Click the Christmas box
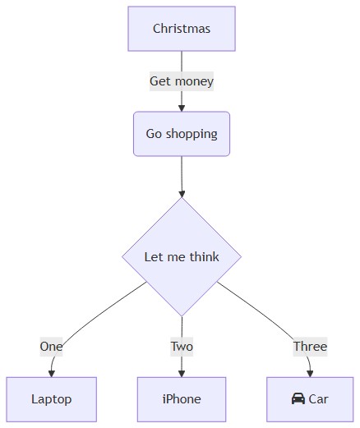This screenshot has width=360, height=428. pos(182,29)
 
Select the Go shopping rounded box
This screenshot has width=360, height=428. pos(182,134)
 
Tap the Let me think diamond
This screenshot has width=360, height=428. pos(182,257)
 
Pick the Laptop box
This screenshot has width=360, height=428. pos(52,399)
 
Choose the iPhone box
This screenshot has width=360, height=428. pos(182,399)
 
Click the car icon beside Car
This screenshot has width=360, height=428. pos(298,398)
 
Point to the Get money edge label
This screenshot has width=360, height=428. pos(182,81)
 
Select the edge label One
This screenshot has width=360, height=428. pos(51,347)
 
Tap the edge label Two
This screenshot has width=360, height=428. pos(182,347)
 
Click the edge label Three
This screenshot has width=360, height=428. pos(310,347)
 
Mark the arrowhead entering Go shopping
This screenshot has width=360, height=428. pos(182,108)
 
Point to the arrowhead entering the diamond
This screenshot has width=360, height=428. pos(182,194)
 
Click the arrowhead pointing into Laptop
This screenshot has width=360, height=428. pos(52,374)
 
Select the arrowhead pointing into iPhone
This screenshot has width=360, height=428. pos(182,374)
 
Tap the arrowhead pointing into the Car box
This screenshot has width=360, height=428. pos(310,374)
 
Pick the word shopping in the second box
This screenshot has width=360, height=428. pos(192,135)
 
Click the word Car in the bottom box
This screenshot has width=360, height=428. pos(318,399)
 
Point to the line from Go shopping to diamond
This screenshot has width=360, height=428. pos(182,173)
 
